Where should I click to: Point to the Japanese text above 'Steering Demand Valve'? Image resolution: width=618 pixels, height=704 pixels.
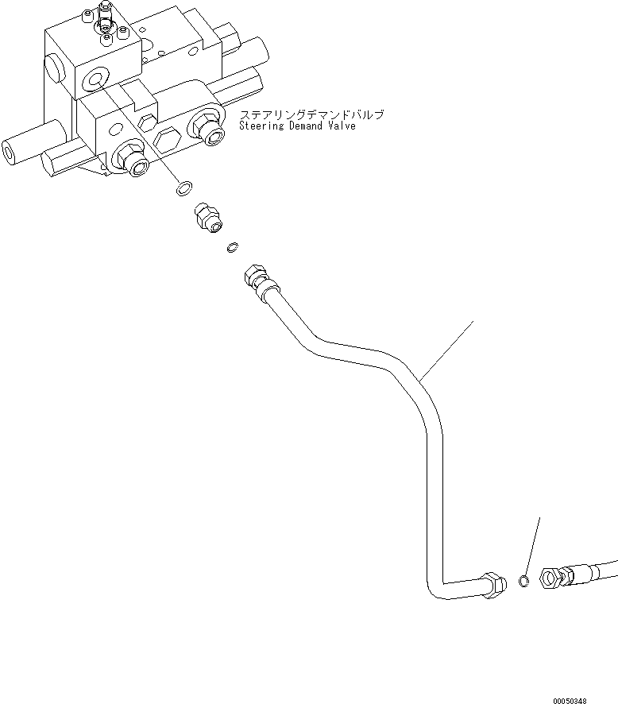pos(311,114)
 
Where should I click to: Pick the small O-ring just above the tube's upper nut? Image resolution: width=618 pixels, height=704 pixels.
pos(231,248)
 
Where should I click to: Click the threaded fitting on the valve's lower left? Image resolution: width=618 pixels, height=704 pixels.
pos(133,161)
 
